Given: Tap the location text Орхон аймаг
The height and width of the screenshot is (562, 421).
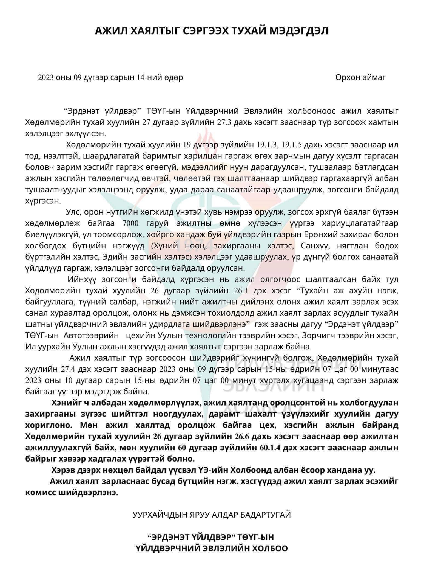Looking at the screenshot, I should pos(360,78).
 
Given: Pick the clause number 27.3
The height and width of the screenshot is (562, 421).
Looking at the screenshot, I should pos(225,122).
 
